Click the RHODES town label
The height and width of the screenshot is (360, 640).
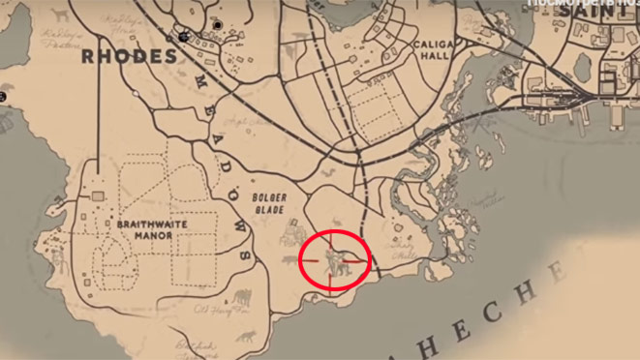pos(129,57)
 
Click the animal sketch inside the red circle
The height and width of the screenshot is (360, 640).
pos(332,258)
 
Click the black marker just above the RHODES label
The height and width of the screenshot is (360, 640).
pos(183,36)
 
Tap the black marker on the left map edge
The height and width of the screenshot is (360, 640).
pos(4,97)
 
